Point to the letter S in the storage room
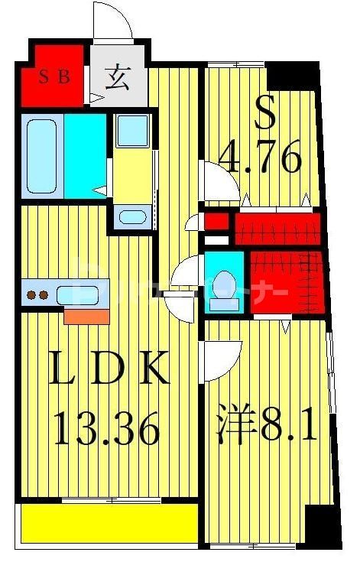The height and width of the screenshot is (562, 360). tap(264, 114)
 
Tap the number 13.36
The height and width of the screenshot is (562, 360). tap(106, 427)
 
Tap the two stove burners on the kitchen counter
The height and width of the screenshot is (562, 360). tap(37, 294)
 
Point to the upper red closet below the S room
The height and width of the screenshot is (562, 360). tap(275, 229)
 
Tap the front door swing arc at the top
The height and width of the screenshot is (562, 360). tap(113, 21)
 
